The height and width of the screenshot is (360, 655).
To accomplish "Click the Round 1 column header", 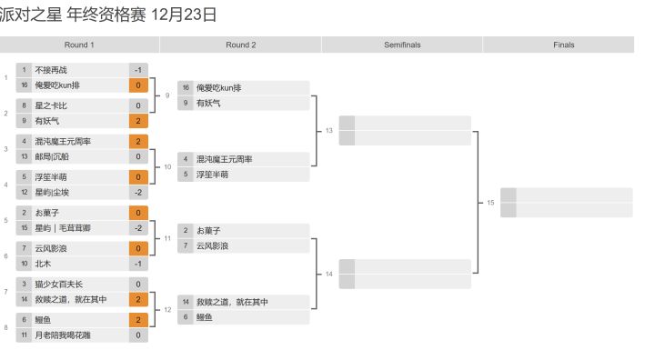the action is pos(79,45).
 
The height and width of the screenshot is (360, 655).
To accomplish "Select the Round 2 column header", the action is pos(240,45).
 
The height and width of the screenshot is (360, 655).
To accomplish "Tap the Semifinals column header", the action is pos(402,45).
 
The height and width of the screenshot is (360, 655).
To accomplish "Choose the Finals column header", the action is pos(563,45).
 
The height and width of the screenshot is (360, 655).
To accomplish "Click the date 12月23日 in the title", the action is pos(184,15).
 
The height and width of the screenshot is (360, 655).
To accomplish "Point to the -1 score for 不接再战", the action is pos(138,70).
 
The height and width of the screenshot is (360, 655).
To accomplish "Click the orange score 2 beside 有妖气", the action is pos(138,121).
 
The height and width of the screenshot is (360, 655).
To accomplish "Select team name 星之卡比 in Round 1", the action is pos(51,105).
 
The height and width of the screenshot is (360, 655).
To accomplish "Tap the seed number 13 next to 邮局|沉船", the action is pos(25,156).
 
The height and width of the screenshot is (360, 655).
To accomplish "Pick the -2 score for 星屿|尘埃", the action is pos(138,193).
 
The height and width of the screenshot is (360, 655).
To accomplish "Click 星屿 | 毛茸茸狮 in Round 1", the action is pos(63,228).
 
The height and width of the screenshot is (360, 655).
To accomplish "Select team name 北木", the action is pos(43,264).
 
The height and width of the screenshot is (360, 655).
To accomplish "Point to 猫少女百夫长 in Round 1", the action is pos(59,285).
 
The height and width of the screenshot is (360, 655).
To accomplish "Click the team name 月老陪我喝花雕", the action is pos(63,335).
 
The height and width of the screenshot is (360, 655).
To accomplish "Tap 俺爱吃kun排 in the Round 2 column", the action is pos(219,87).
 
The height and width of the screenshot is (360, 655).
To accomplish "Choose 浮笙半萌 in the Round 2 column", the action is pos(213,175).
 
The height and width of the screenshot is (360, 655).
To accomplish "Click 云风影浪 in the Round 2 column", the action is pos(213,246).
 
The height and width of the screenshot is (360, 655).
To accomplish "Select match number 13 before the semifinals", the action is pos(329,131).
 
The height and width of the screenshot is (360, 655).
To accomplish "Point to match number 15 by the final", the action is pos(490,203).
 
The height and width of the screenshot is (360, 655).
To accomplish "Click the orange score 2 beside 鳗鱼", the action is pos(138,320).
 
